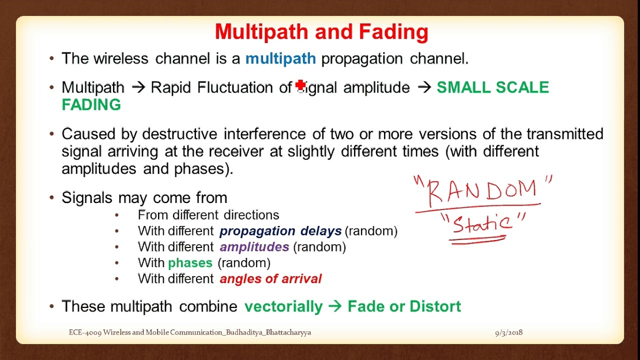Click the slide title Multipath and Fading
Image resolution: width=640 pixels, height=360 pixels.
coord(321,32)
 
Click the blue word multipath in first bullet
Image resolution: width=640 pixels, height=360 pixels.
coord(280,59)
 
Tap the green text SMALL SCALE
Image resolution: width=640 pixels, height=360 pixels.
coord(492,87)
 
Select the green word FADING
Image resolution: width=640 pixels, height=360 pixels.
coord(91,105)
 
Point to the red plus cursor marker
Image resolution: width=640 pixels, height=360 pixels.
coord(300,86)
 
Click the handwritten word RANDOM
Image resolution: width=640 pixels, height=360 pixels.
coord(483,190)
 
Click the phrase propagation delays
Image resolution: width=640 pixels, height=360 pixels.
coord(280,231)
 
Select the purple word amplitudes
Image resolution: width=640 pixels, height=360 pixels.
coord(254,247)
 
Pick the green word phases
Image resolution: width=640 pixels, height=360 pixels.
coord(190,263)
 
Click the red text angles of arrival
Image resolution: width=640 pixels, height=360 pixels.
coord(270,279)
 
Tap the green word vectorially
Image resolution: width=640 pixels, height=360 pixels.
coord(283,306)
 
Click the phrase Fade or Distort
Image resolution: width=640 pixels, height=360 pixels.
coord(404,306)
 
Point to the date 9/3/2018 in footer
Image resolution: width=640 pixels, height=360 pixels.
coord(508,332)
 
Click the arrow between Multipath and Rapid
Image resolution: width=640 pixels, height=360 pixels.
coord(137,88)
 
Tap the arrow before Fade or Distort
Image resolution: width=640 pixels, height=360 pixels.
coord(334,306)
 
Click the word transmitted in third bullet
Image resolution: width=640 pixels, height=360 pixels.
coord(564,134)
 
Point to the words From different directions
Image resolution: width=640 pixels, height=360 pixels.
coord(208,215)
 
